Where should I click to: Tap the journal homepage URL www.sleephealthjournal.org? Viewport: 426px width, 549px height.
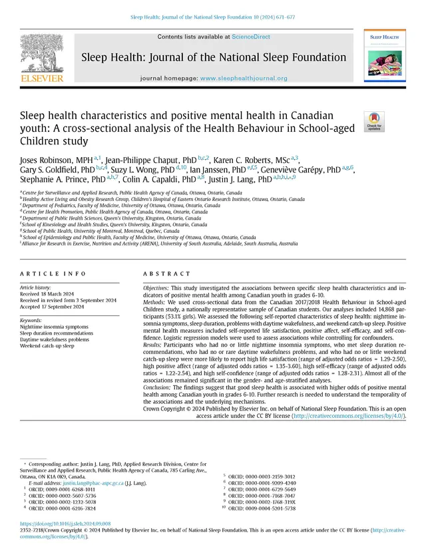click(244, 79)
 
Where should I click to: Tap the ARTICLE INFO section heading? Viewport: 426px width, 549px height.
click(51, 275)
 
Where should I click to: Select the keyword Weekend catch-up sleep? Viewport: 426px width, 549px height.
click(48, 346)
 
